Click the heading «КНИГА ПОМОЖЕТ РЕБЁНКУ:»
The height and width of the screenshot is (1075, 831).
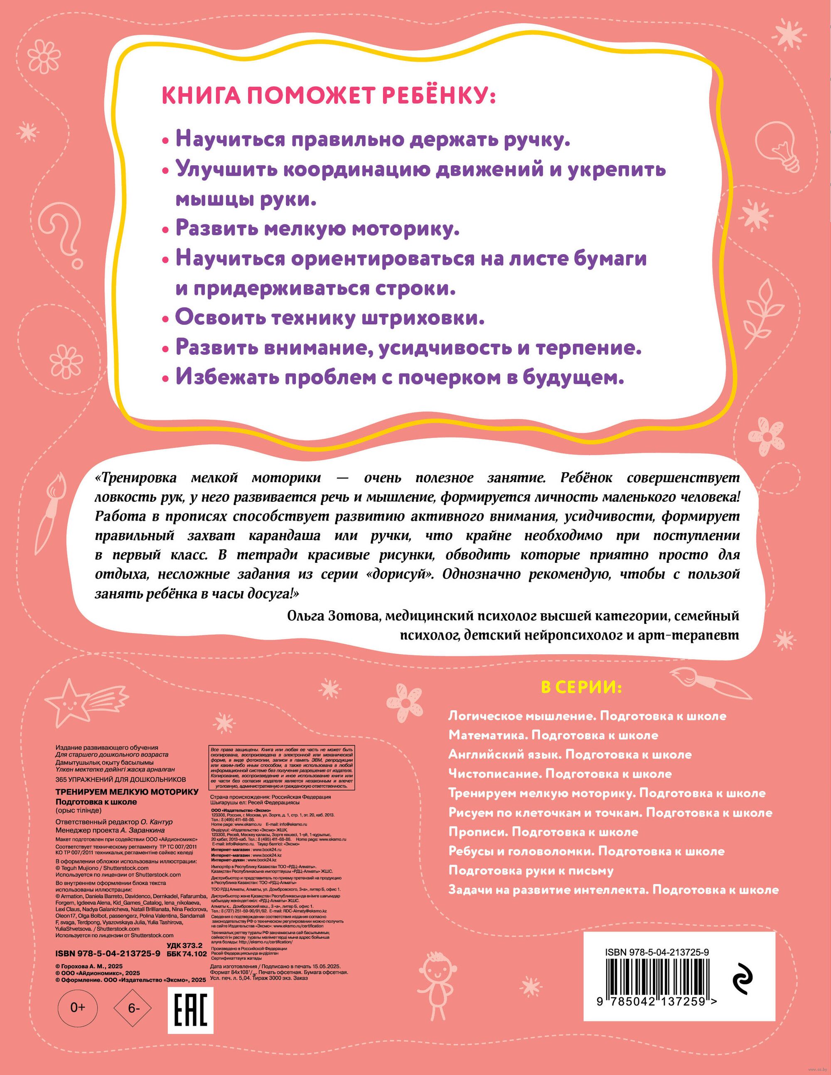(328, 96)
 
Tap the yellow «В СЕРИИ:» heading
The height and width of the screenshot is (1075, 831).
(581, 687)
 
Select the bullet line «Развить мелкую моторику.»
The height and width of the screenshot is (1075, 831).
(317, 229)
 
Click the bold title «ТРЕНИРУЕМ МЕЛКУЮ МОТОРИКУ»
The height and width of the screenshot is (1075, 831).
(127, 791)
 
